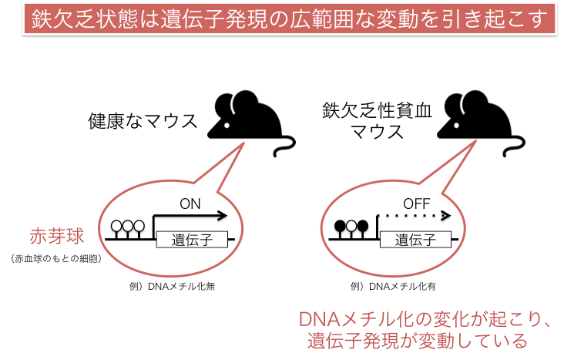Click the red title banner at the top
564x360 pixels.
290,19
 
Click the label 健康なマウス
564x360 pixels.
143,121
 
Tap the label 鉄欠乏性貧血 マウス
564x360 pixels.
377,120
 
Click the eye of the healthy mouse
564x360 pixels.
227,126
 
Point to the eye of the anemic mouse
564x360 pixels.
456,126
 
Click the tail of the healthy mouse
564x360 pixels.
286,146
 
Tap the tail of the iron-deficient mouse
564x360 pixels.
515,146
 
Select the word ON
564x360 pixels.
190,204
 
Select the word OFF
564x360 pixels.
417,204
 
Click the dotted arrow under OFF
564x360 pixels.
414,216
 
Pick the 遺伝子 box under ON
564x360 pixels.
192,240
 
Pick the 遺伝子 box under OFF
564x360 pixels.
415,240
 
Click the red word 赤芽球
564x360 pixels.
57,237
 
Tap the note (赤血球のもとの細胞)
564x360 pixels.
56,258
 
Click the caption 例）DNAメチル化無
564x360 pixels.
173,287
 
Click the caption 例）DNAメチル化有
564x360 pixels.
393,287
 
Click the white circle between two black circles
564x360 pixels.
351,227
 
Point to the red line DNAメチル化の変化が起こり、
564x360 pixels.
425,319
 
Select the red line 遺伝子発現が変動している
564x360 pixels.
418,341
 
